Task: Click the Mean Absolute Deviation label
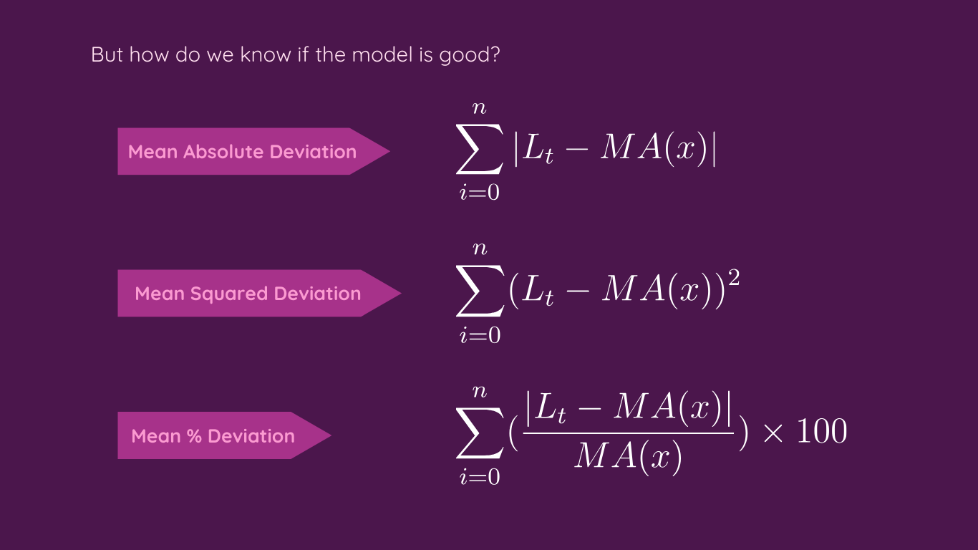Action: coord(242,152)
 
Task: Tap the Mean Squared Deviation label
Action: coord(248,294)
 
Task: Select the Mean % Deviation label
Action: coord(213,435)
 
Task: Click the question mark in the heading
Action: coord(494,55)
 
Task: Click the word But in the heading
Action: coord(107,55)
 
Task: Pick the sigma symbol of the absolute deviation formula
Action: coord(479,151)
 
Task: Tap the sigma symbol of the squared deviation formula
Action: coord(479,293)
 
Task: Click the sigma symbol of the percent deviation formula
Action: coord(479,435)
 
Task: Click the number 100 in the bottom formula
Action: coord(822,432)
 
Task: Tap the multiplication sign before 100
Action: coord(773,433)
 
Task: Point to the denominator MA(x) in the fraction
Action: coord(628,457)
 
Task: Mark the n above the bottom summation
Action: coord(480,391)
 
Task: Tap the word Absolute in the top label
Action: coord(224,152)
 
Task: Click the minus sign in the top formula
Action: coord(575,152)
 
